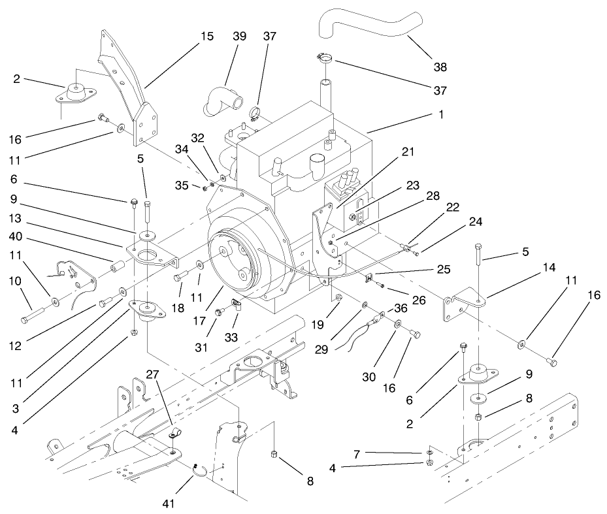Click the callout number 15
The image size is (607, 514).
206,37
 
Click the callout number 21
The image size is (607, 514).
408,152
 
